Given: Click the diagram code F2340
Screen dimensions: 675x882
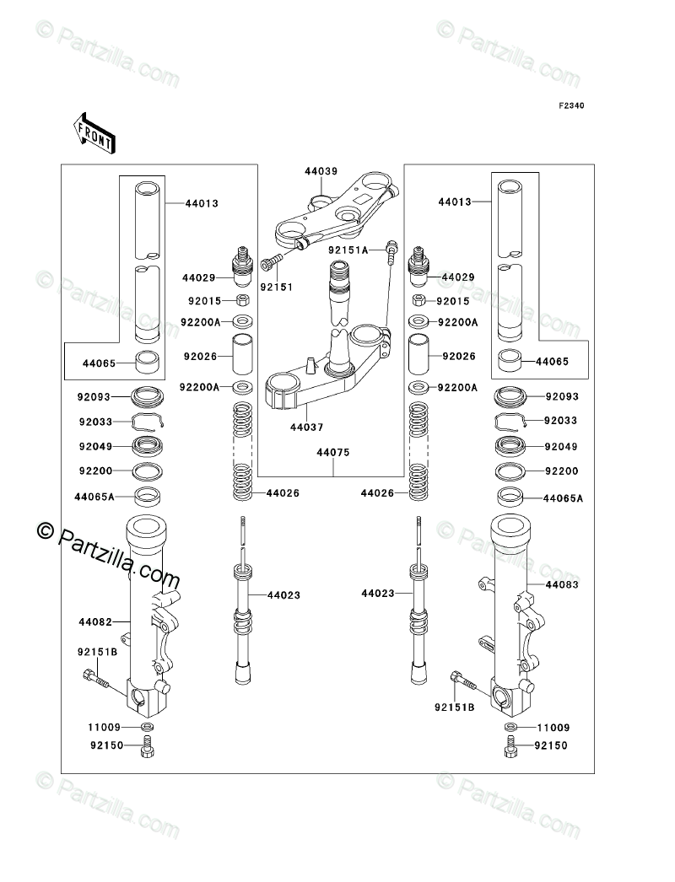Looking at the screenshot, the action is (x=571, y=105).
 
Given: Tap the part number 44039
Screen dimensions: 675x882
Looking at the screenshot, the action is (x=321, y=171).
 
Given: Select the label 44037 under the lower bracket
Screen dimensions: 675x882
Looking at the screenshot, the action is (x=307, y=428).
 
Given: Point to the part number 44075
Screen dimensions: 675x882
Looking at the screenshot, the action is (x=332, y=452).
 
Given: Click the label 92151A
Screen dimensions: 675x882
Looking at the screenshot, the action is (x=349, y=250).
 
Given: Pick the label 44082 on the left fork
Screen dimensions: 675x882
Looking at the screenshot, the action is (x=95, y=622).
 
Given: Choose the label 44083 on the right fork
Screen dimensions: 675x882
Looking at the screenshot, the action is (x=562, y=584).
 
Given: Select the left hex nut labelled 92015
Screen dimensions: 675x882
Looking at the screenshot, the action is (x=242, y=300).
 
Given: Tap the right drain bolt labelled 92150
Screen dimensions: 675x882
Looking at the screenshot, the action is (x=510, y=746).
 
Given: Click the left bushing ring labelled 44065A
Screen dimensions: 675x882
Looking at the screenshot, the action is (x=148, y=496).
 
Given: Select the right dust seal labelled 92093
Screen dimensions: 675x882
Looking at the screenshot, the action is (x=510, y=396).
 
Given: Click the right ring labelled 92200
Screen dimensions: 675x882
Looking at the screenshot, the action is (x=510, y=471).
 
